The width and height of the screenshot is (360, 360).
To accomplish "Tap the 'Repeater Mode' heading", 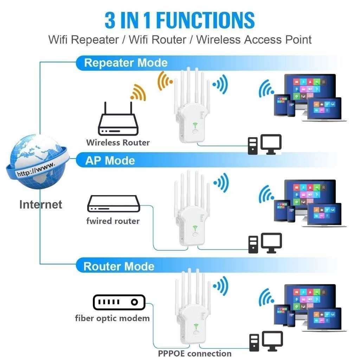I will (126, 63).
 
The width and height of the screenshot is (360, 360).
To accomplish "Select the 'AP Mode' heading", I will (110, 161).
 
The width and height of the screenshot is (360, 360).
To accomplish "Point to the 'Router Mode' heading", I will (119, 266).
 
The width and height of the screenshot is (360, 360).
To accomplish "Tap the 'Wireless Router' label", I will (118, 142).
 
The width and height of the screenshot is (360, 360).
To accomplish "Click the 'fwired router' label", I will (113, 221).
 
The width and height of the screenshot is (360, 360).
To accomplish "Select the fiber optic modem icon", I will (119, 302).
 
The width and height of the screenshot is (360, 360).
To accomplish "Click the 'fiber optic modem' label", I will (112, 318).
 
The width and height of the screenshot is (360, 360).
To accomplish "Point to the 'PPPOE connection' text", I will (194, 353).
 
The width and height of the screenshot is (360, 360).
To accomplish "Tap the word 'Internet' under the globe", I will (40, 204).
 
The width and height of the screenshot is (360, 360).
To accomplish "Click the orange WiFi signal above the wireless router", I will (137, 92).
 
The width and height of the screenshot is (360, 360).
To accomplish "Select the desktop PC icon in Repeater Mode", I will (264, 144).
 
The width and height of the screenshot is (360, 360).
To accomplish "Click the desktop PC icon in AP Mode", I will (264, 243).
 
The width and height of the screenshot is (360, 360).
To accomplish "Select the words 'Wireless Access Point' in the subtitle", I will (254, 39).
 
